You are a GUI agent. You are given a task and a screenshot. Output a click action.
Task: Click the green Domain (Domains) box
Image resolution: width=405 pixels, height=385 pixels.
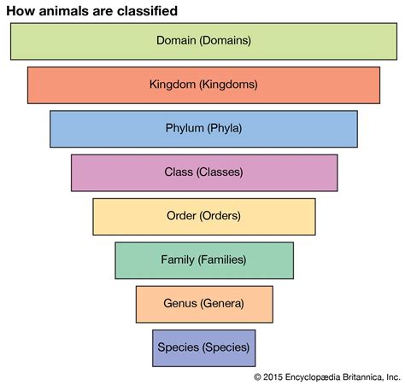(203, 40)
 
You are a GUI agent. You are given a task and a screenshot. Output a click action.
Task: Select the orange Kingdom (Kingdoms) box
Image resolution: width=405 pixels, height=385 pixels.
(203, 85)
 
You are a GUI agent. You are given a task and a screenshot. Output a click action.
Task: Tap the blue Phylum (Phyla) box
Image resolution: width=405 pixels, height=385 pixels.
(203, 129)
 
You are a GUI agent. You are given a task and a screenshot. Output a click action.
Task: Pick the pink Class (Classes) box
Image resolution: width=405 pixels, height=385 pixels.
(203, 172)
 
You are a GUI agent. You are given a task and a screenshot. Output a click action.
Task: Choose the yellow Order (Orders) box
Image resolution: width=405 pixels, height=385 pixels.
(203, 216)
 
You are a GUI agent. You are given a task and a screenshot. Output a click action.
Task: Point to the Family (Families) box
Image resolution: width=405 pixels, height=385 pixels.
(203, 260)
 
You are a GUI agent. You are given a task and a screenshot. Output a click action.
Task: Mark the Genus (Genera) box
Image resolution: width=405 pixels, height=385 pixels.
(203, 303)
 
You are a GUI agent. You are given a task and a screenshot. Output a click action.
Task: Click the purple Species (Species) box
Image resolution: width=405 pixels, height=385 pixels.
(203, 347)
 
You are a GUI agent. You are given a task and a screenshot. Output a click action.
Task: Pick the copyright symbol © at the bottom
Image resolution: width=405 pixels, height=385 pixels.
(257, 376)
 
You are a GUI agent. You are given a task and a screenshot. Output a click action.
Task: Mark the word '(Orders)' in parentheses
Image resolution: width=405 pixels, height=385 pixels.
(220, 216)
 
